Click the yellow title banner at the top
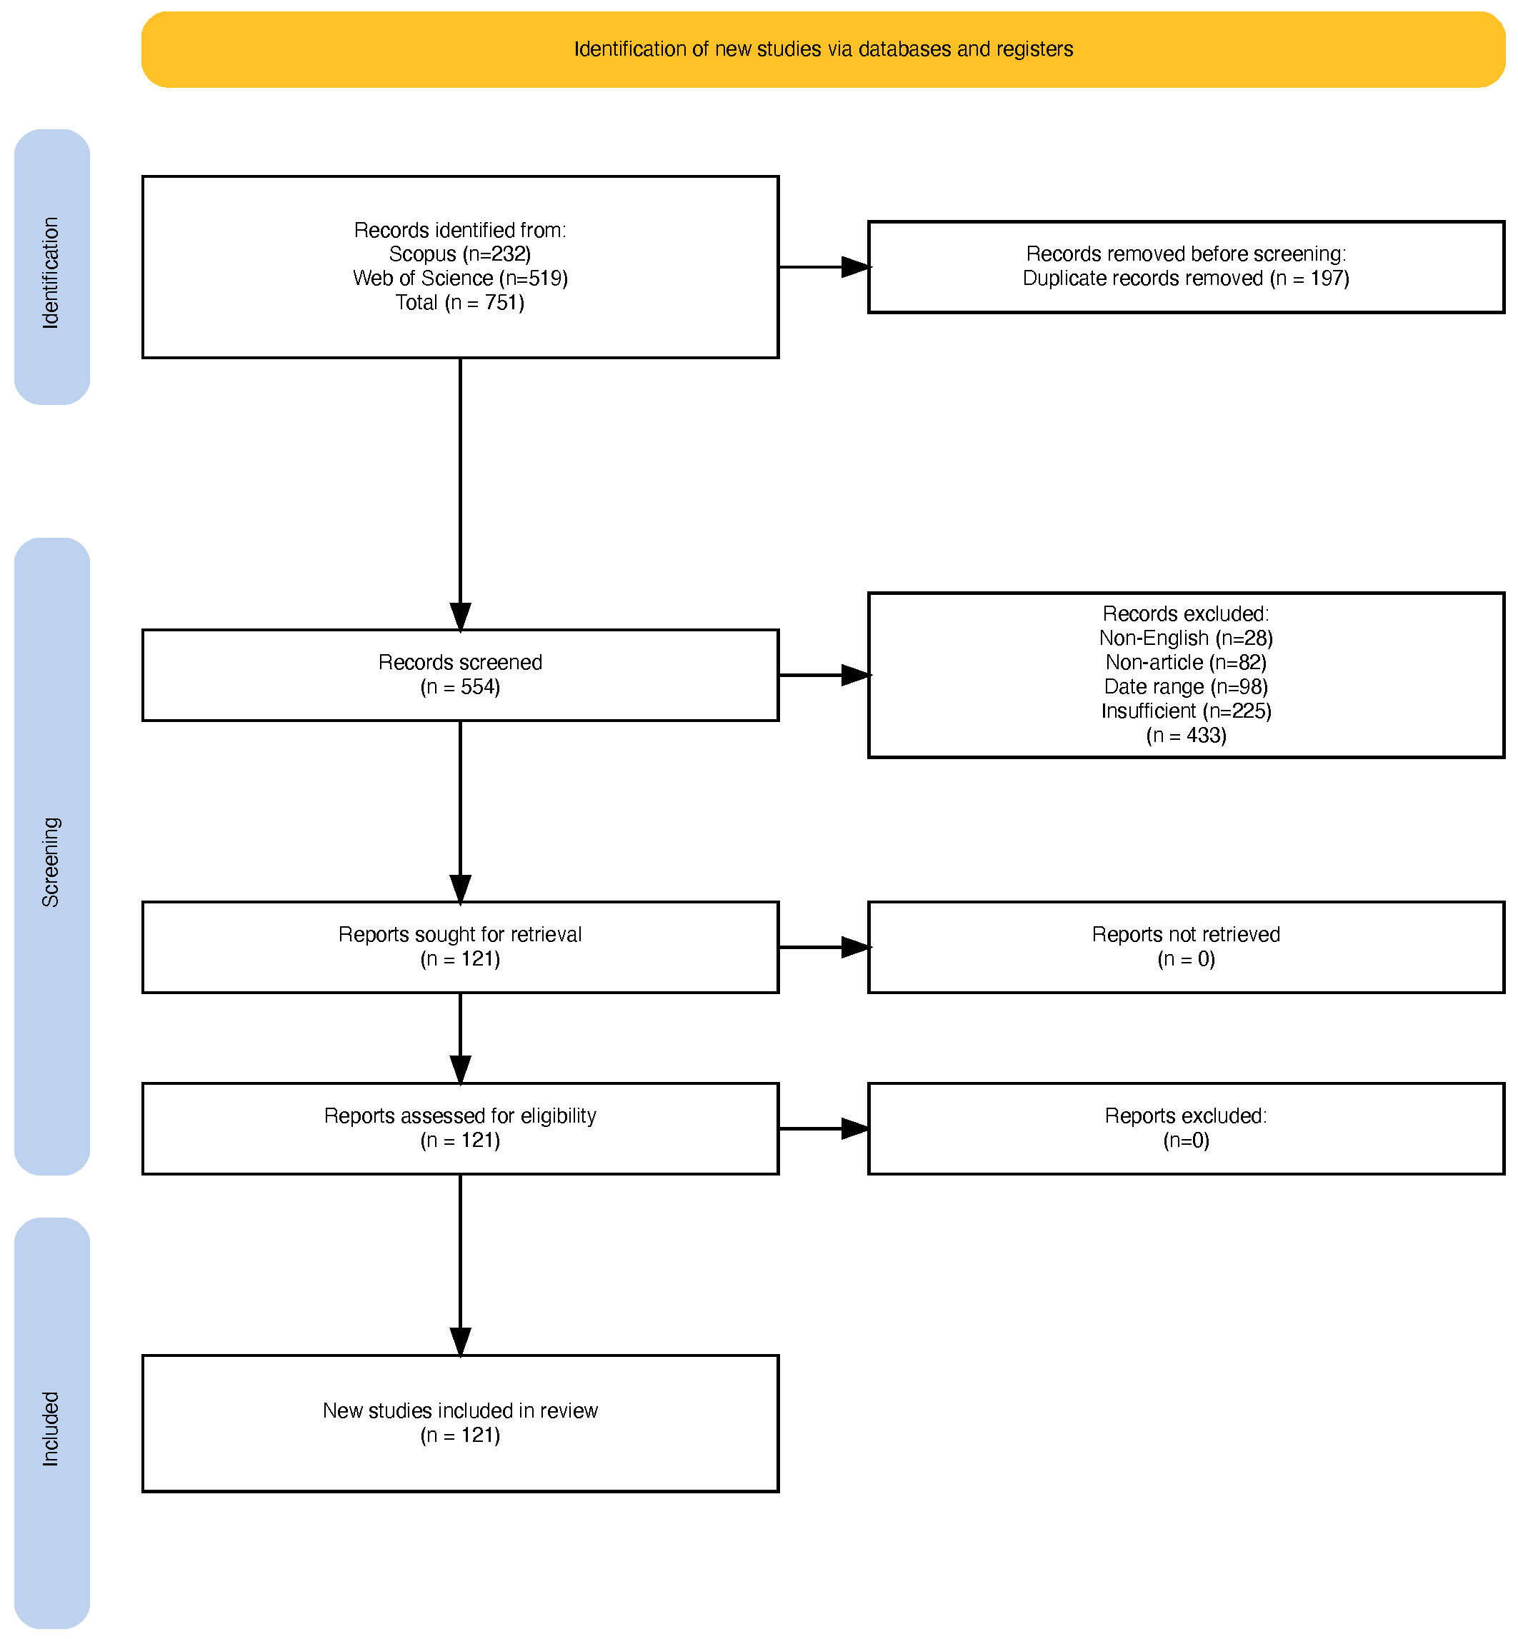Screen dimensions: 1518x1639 (823, 49)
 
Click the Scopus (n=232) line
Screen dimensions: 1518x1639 (460, 254)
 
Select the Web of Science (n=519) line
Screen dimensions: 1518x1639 (460, 279)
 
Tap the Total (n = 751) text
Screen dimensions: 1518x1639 (460, 302)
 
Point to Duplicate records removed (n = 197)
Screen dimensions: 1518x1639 (1186, 279)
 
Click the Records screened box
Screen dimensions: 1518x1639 (460, 675)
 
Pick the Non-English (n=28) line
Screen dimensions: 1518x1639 (1186, 638)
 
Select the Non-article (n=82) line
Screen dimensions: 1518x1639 (1186, 662)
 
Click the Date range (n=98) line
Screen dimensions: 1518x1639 (1186, 686)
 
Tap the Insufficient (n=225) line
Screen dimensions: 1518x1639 (1186, 711)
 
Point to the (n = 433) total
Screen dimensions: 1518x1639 (1186, 735)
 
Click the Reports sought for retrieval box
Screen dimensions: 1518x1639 (460, 948)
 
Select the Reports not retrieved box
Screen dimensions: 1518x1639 (1186, 948)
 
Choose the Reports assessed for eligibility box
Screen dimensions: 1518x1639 (460, 1129)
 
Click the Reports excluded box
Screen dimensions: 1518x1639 (1186, 1129)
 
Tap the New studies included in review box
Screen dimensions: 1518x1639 (460, 1423)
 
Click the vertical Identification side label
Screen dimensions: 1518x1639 (51, 273)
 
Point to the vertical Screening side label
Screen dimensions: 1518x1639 (51, 862)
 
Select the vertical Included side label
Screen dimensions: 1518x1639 (51, 1429)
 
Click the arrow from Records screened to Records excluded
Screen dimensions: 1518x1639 (824, 675)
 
